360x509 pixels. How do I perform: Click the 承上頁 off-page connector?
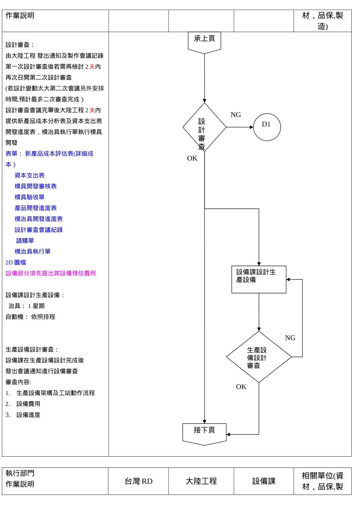coord(204,41)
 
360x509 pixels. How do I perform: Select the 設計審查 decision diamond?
coord(204,128)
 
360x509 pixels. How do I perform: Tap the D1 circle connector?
coord(267,127)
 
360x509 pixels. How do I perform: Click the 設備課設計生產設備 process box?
coord(259,279)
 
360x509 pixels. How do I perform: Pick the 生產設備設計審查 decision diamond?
coord(259,357)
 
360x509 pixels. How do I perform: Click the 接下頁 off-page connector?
coord(204,432)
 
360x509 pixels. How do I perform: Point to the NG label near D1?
coord(236,115)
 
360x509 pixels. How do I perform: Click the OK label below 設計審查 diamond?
coord(192,158)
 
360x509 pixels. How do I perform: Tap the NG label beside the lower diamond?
coord(290,338)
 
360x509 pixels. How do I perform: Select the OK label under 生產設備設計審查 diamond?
coord(241,387)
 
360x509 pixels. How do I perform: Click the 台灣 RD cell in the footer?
coord(139,481)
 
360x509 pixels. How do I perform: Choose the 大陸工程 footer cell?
coord(201,481)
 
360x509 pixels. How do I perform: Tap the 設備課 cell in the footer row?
coord(264,481)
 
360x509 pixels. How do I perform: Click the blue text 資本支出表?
coord(30,175)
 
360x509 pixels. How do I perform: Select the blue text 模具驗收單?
coord(30,197)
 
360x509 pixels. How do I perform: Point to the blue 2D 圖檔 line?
coord(16,262)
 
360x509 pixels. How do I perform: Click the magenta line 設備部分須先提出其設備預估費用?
coord(51,273)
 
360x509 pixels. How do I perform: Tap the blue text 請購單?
coord(25,240)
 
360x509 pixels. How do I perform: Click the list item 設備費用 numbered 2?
coord(28,404)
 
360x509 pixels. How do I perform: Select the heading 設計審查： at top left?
coord(20,45)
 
